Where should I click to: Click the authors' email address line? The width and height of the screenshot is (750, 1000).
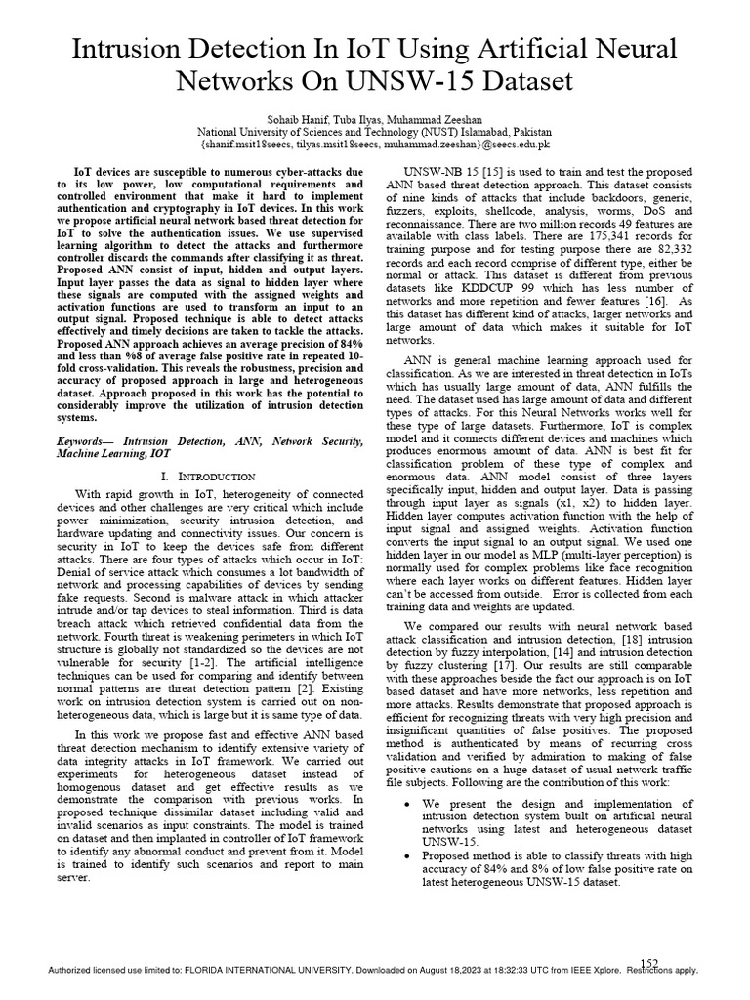tap(375, 143)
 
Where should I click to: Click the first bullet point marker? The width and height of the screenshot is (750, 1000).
tap(406, 803)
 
